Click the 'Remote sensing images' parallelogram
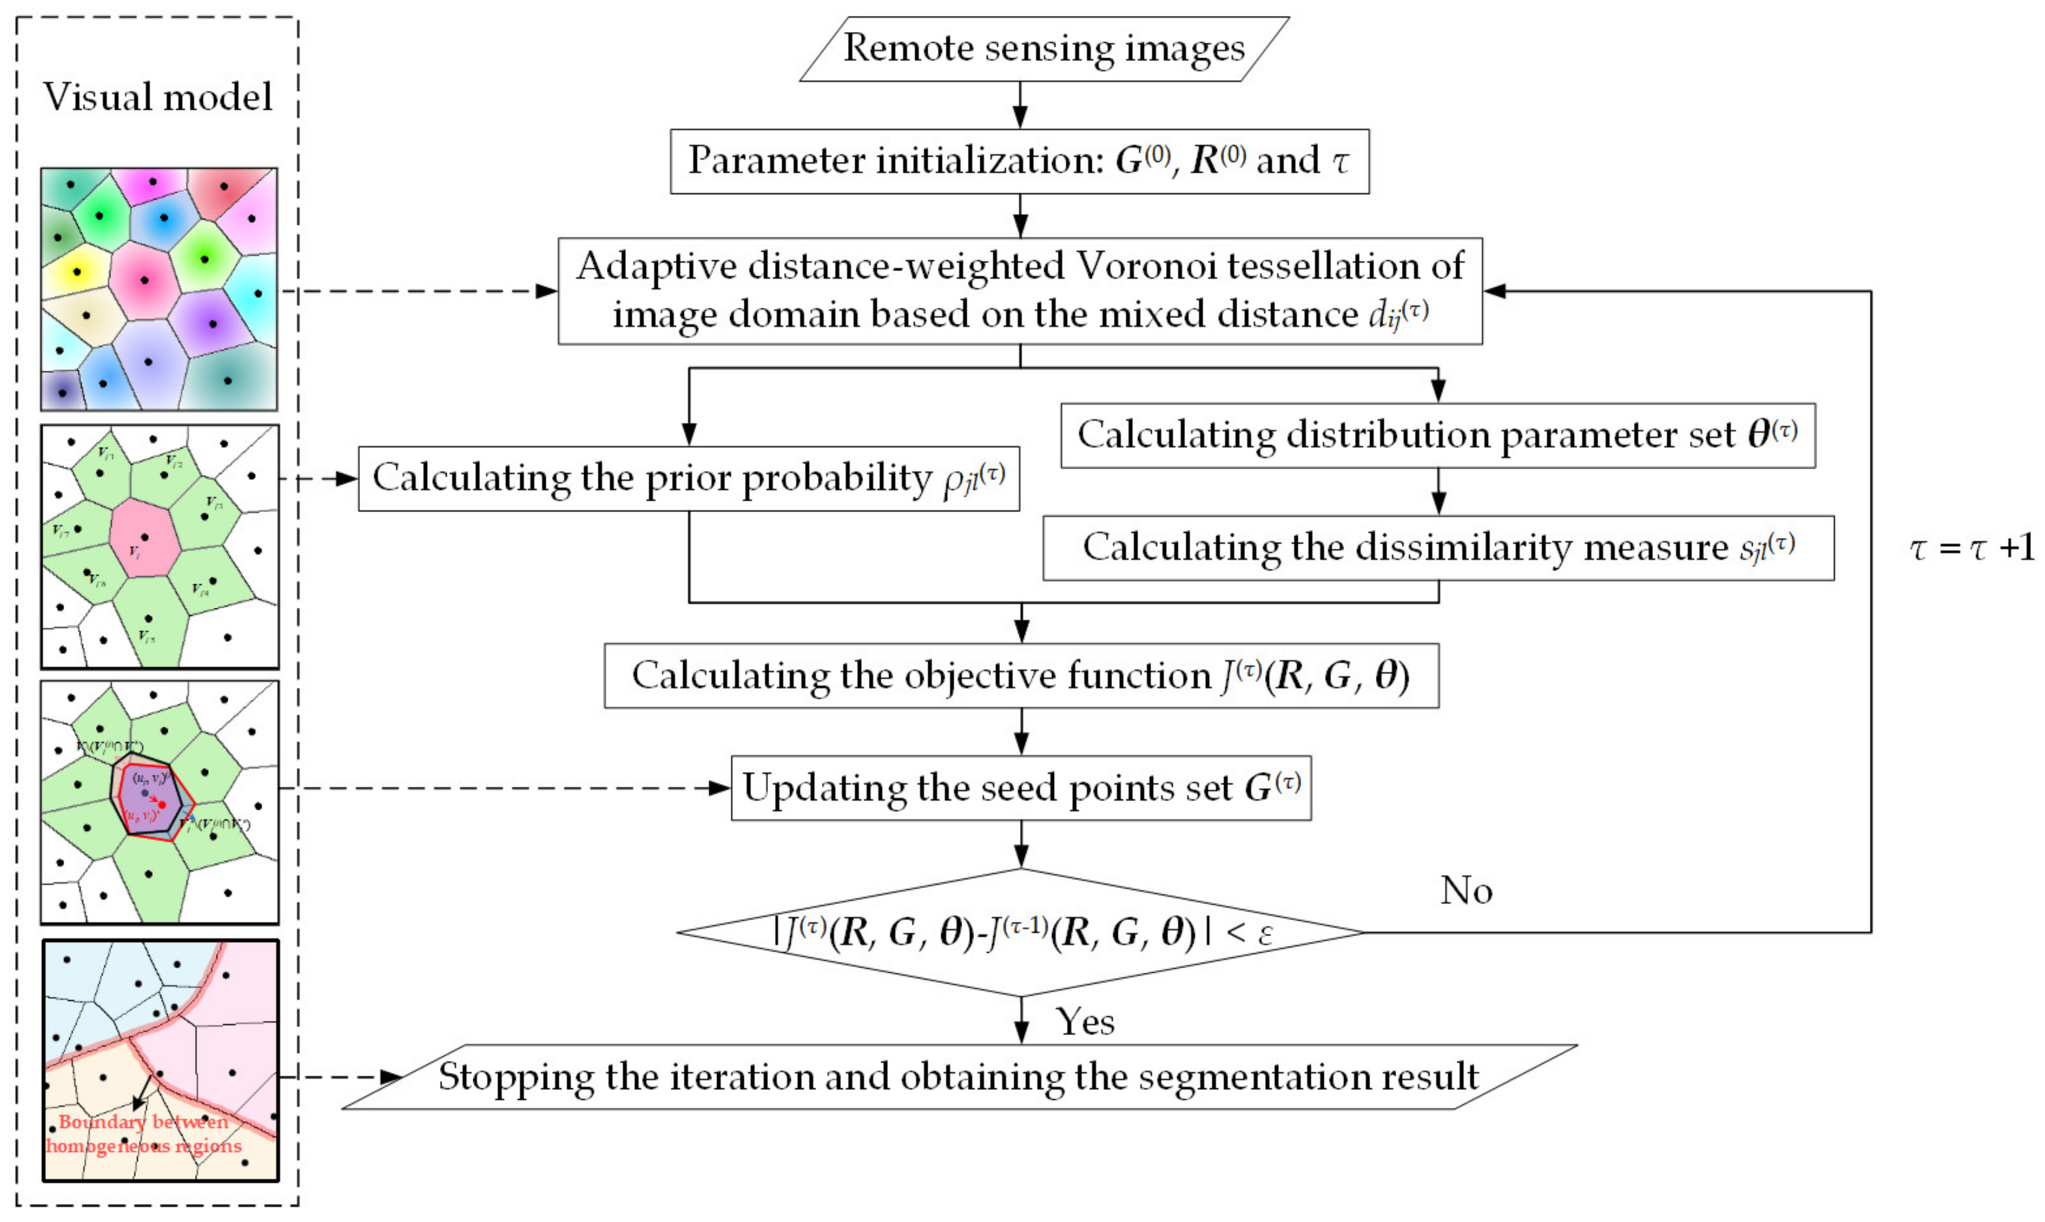point(1043,49)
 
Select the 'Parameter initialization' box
point(1018,161)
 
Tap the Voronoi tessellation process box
point(1019,291)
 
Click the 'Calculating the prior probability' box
point(688,479)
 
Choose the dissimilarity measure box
point(1438,548)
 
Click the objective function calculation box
point(1021,675)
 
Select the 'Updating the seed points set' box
point(1020,787)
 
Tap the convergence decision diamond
point(1020,932)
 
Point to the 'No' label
point(1466,891)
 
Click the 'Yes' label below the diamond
point(1085,1022)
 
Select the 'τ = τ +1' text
point(1971,548)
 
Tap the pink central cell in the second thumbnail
point(144,537)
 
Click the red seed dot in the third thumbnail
point(162,804)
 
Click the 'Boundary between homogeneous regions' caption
point(144,1134)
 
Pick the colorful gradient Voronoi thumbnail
point(159,289)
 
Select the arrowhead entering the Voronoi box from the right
point(1494,291)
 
